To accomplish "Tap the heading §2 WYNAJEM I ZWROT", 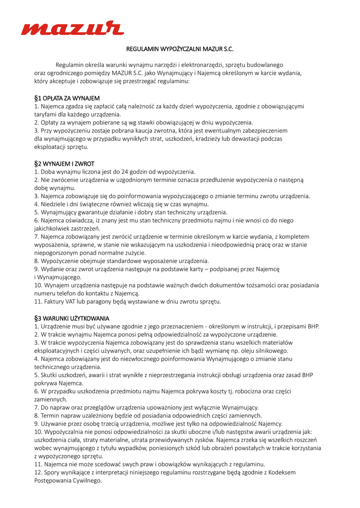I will pos(64,164).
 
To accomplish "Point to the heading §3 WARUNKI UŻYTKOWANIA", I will pos(72,318).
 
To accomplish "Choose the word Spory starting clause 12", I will pos(52,472).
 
